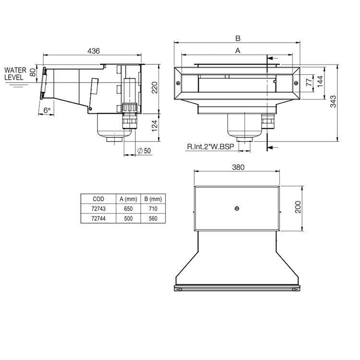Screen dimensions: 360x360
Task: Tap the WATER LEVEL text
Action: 16,73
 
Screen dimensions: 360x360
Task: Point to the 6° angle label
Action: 47,110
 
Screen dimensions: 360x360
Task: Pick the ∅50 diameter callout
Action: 144,151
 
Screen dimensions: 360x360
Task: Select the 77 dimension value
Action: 310,82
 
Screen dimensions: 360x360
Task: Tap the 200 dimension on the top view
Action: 298,207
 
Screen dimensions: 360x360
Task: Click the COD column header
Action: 98,199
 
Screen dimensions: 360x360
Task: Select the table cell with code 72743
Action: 98,208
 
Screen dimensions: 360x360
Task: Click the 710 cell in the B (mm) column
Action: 153,208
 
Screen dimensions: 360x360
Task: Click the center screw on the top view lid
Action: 237,208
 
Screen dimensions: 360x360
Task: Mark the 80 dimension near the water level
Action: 33,73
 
